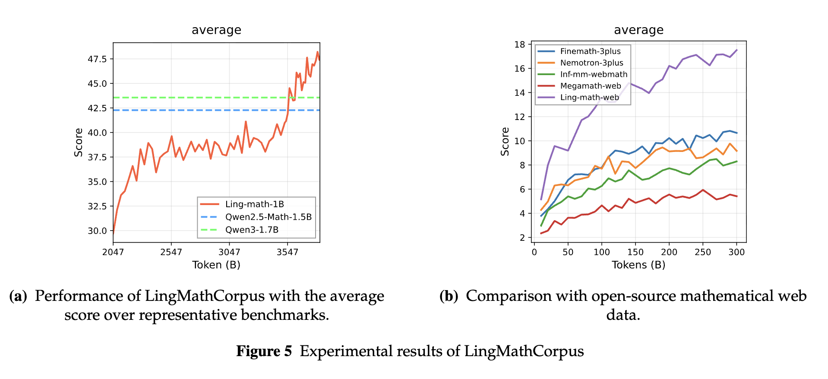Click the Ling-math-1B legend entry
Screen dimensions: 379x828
pyautogui.click(x=254, y=204)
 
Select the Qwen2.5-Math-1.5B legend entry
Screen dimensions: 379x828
pyautogui.click(x=268, y=217)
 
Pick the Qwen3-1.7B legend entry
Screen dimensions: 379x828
pyautogui.click(x=252, y=230)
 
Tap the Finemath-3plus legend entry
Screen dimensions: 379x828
pyautogui.click(x=590, y=51)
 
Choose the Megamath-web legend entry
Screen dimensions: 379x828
pyautogui.click(x=590, y=86)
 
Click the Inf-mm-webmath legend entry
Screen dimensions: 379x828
pyautogui.click(x=594, y=74)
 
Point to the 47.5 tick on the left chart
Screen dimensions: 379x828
pyautogui.click(x=97, y=59)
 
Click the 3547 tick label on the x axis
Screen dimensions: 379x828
pyautogui.click(x=288, y=252)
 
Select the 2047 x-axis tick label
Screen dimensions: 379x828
pyautogui.click(x=113, y=252)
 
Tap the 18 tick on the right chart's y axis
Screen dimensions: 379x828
pyautogui.click(x=520, y=44)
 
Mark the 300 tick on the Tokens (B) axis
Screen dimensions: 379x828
pyautogui.click(x=736, y=252)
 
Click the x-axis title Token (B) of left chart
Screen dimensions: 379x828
pyautogui.click(x=216, y=265)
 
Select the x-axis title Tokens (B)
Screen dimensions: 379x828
pyautogui.click(x=638, y=265)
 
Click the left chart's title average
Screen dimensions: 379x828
pyautogui.click(x=216, y=30)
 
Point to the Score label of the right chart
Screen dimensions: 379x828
pyautogui.click(x=505, y=142)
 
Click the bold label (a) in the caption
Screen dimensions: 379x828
pyautogui.click(x=18, y=296)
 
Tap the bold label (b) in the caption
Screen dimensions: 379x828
pyautogui.click(x=449, y=296)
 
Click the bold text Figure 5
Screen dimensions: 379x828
pyautogui.click(x=264, y=351)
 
